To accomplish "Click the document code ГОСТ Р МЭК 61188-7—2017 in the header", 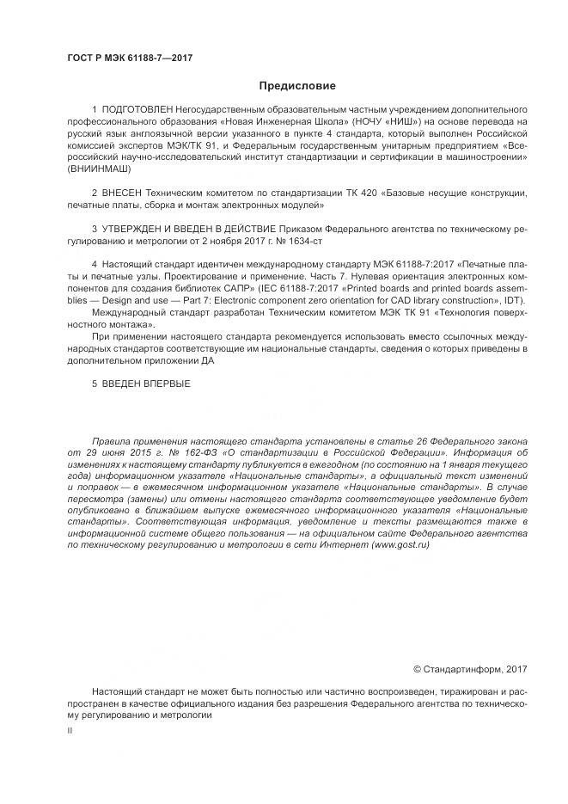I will (x=129, y=58).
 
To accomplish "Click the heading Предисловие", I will (x=297, y=85).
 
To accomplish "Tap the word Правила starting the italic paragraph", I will (x=112, y=439).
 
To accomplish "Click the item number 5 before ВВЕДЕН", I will (x=95, y=383).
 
